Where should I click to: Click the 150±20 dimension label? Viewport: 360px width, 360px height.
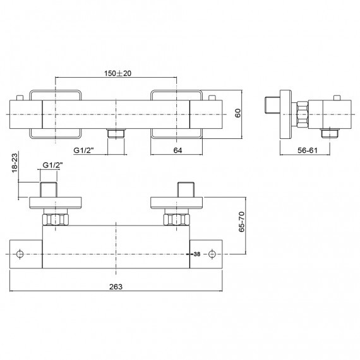117,73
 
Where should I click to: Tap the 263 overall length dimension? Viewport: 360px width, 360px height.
116,287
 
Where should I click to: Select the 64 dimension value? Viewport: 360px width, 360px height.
177,150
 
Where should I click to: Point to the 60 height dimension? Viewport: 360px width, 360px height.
238,113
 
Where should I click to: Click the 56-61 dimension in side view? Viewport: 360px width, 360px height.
308,150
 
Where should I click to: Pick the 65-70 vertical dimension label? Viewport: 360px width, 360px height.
242,222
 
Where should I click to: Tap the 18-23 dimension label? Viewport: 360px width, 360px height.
15,163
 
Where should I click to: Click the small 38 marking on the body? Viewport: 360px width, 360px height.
197,254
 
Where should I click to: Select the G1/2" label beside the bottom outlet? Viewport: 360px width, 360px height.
84,150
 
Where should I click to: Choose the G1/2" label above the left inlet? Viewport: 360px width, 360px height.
52,165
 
